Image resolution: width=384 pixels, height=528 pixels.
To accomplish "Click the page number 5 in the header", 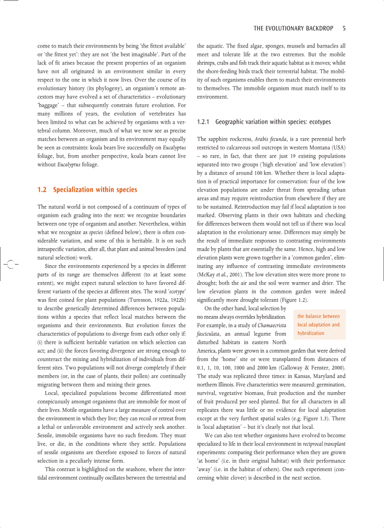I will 344,29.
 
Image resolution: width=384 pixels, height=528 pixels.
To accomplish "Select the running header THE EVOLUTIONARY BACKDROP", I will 293,29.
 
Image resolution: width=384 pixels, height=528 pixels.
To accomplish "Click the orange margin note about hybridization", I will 319,325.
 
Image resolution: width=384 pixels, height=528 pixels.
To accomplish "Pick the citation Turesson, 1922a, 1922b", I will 158,299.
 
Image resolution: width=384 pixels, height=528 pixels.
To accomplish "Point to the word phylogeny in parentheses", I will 98,88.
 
